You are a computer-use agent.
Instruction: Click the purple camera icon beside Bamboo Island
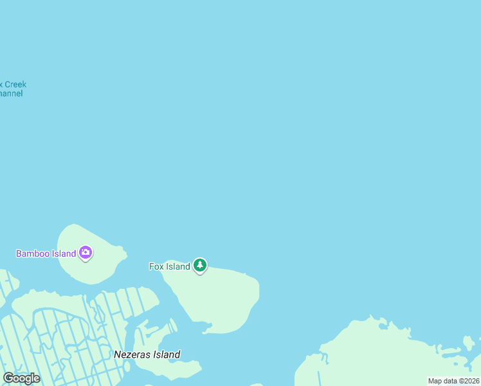[x=86, y=253]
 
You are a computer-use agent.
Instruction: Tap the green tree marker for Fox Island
[x=200, y=265]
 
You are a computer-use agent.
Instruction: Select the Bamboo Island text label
[x=46, y=253]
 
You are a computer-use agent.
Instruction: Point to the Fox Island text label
[x=170, y=266]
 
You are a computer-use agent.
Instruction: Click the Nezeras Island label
[x=147, y=354]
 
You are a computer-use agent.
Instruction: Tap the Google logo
[x=21, y=378]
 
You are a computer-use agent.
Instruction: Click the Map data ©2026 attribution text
[x=454, y=381]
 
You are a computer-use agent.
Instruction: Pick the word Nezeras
[x=132, y=354]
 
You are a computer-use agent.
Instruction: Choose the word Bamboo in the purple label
[x=33, y=253]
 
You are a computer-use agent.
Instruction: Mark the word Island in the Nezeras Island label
[x=167, y=354]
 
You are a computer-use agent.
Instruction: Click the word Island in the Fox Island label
[x=178, y=266]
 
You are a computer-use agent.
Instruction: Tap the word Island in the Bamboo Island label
[x=64, y=253]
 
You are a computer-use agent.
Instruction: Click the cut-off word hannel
[x=11, y=93]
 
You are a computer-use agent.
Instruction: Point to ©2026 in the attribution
[x=469, y=381]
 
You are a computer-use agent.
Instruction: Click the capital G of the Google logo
[x=8, y=378]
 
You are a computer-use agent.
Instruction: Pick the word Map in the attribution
[x=435, y=381]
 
